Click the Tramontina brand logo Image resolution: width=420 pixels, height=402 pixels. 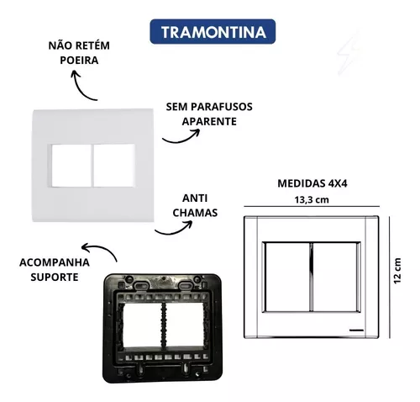(213, 32)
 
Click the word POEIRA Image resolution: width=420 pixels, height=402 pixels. (79, 61)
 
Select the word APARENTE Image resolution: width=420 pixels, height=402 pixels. (209, 121)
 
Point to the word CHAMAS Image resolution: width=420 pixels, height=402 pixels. (195, 213)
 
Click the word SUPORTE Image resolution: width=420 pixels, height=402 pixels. (55, 278)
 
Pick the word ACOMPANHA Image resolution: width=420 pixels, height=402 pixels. (55, 262)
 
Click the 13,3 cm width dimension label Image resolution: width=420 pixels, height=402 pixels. (312, 200)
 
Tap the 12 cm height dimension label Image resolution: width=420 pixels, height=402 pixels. (397, 271)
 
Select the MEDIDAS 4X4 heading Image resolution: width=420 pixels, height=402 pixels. (312, 183)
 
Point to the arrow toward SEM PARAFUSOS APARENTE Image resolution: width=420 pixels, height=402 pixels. (181, 140)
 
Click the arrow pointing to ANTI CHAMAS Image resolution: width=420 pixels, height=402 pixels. (174, 231)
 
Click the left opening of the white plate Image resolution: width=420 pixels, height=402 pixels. (71, 165)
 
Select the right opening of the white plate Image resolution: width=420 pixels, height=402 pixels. (114, 165)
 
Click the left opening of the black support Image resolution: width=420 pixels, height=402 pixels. (143, 325)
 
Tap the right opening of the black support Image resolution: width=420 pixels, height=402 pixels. (185, 325)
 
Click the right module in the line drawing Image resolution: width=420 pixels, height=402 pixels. (335, 277)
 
